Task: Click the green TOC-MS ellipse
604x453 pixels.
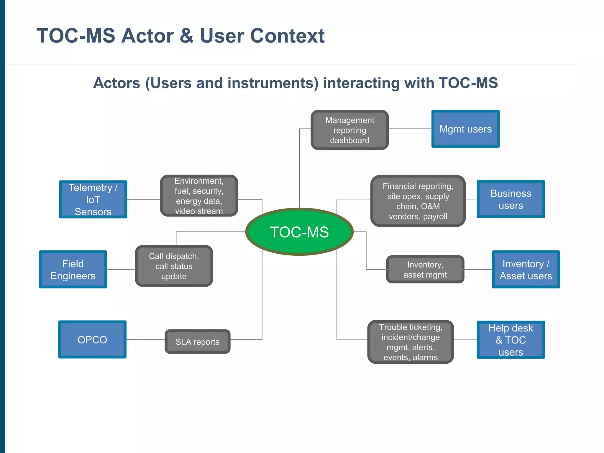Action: point(299,232)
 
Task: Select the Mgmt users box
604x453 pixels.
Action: point(465,129)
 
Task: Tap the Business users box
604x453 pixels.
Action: point(511,199)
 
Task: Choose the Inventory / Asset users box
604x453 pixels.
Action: point(526,270)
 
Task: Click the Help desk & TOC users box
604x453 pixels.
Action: point(511,340)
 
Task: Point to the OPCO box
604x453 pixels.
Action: point(92,339)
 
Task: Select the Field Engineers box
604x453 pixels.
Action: point(73,270)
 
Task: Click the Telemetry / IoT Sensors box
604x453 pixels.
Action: point(93,199)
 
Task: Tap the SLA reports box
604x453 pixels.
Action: point(197,342)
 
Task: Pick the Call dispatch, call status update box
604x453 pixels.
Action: point(174,266)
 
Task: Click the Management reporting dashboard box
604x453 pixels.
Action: point(349,130)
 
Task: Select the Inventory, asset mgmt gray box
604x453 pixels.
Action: point(425,270)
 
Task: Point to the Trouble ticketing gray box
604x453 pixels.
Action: point(410,342)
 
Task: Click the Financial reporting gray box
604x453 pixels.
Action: point(418,201)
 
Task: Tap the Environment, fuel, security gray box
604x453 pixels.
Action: point(199,196)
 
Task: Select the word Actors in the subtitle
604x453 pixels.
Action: point(116,83)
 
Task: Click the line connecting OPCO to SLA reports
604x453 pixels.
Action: point(145,339)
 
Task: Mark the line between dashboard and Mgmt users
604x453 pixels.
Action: point(410,129)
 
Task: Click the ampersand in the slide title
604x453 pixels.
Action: point(186,36)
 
